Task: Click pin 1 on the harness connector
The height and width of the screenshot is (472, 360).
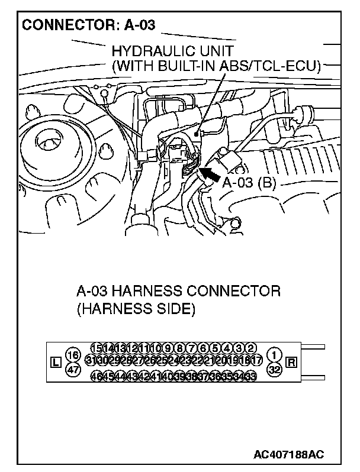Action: tap(274, 354)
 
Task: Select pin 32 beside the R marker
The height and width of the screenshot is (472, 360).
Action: tap(274, 370)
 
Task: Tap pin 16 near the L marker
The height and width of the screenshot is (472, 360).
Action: tap(72, 355)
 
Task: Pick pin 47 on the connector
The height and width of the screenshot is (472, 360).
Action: tap(72, 370)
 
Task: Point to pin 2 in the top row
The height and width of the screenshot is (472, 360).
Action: tap(251, 347)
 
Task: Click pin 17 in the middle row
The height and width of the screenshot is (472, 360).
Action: tap(256, 360)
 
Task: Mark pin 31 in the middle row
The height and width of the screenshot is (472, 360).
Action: tap(91, 360)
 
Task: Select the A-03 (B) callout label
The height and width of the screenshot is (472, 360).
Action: tap(249, 182)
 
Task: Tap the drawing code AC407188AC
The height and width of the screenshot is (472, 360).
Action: tap(288, 455)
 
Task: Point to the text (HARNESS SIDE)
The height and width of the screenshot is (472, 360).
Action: tap(136, 308)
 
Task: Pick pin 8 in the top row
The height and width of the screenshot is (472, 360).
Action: tap(181, 347)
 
